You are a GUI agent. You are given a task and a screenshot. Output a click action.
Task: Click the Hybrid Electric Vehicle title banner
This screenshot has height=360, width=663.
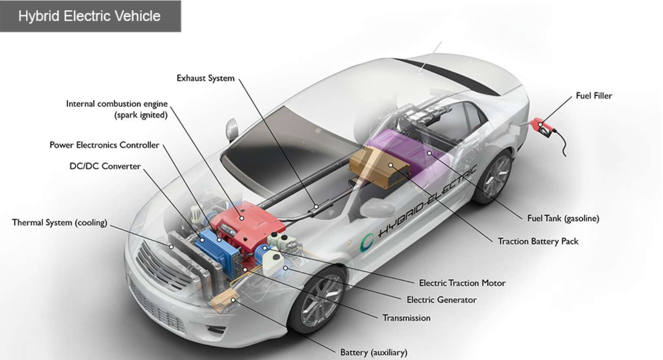point(90,16)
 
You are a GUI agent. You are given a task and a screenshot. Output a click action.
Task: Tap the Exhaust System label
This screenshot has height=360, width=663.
point(206,78)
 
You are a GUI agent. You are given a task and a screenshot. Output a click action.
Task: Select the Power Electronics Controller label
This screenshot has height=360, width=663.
point(104,145)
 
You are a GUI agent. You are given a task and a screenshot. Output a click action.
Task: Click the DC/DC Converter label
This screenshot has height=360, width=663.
point(105,166)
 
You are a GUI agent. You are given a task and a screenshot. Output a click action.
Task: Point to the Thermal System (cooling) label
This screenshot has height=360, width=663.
point(60,223)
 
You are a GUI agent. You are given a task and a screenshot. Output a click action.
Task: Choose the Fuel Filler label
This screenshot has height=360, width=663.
point(594,96)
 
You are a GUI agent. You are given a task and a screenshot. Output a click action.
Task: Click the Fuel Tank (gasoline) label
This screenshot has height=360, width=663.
point(563,219)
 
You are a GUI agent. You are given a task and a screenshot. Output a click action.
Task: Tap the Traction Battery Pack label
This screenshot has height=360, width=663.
point(538,241)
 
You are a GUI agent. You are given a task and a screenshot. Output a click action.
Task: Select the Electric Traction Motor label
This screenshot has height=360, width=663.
point(462,283)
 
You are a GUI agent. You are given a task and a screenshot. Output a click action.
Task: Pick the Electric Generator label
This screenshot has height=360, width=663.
point(442,300)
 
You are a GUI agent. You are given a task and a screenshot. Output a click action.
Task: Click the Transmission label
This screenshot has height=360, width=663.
point(406,318)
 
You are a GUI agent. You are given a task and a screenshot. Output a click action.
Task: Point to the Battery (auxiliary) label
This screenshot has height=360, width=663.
point(373,352)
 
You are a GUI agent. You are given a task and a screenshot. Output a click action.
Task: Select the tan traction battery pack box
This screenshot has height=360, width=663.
point(378,167)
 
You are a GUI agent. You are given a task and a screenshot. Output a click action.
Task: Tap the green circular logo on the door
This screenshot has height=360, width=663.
point(367,243)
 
